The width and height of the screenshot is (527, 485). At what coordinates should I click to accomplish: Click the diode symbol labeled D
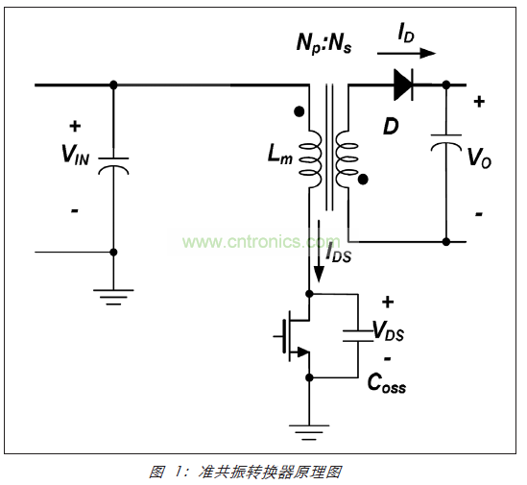click(403, 85)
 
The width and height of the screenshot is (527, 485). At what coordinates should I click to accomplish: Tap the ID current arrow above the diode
click(406, 53)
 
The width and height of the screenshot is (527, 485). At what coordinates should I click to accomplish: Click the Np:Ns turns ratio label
click(323, 44)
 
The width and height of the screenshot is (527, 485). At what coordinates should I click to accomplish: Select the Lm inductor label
click(279, 155)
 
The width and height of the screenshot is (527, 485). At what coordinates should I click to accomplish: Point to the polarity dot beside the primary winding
click(299, 111)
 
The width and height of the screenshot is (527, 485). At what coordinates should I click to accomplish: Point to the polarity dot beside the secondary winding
click(363, 180)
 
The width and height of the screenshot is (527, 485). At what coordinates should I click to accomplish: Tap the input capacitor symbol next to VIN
click(113, 166)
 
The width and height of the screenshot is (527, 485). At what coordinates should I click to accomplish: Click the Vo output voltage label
click(479, 158)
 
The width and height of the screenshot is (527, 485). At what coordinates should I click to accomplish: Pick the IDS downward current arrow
click(319, 251)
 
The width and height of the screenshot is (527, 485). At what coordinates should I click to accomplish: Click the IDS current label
click(338, 254)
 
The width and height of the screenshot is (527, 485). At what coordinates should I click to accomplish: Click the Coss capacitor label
click(387, 383)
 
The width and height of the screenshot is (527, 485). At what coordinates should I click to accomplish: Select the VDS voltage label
click(389, 331)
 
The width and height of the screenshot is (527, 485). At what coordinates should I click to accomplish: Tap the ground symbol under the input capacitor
click(113, 297)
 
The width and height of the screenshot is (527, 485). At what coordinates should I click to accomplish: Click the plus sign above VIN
click(75, 126)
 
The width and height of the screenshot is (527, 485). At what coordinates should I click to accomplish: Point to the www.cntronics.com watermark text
click(261, 241)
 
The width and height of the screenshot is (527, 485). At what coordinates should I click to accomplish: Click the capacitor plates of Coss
click(358, 336)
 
